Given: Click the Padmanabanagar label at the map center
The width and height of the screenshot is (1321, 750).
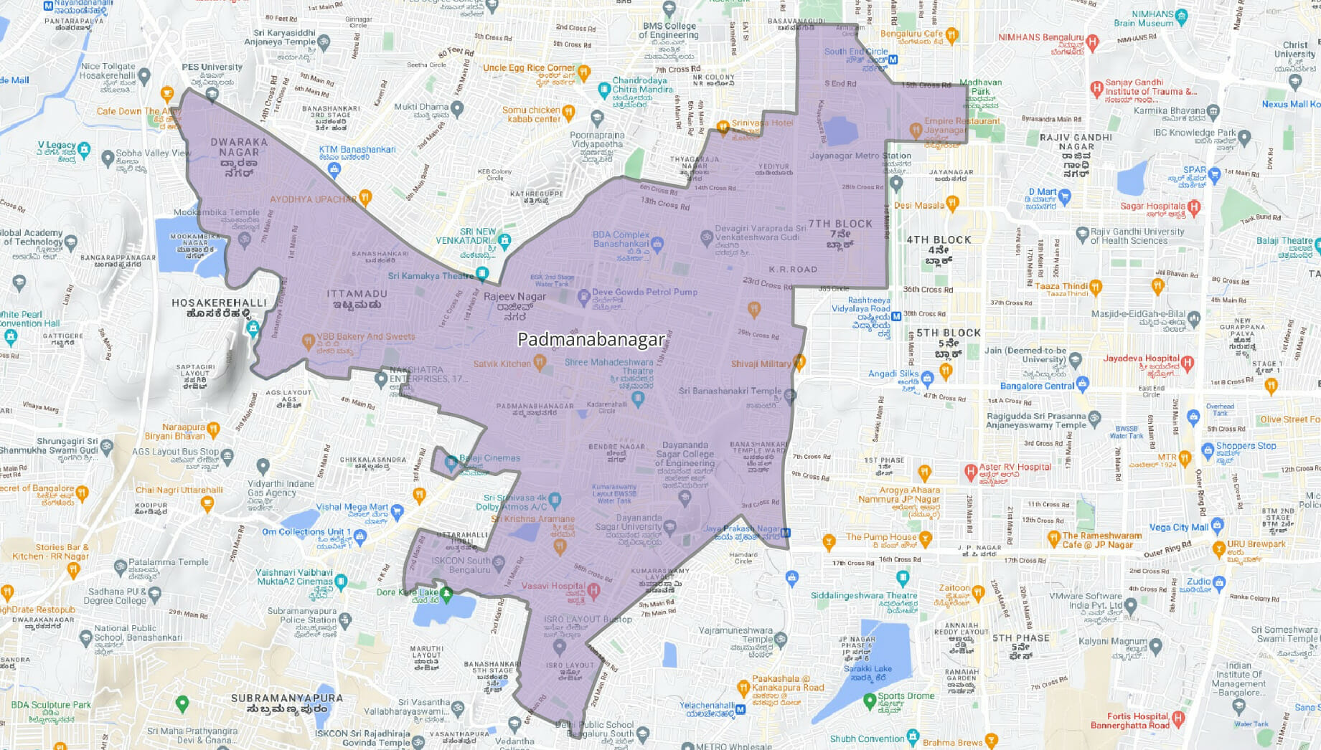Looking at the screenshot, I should [591, 339].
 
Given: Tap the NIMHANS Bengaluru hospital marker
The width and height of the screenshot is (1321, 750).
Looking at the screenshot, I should [1093, 42].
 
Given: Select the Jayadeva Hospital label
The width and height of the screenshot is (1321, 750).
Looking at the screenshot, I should [1141, 359].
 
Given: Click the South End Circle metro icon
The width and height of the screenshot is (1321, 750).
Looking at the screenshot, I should [893, 60].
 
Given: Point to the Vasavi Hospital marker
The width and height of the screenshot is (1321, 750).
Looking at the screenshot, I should [593, 591].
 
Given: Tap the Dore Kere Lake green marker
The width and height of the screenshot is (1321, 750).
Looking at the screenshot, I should [446, 593].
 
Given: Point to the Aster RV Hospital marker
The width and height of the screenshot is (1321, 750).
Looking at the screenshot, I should [971, 471].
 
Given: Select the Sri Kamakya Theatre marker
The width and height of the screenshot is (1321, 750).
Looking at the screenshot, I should [482, 273].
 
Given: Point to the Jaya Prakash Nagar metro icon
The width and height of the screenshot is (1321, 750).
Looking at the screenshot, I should [786, 533].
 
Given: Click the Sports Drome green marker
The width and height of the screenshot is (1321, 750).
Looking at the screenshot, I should [870, 699].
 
